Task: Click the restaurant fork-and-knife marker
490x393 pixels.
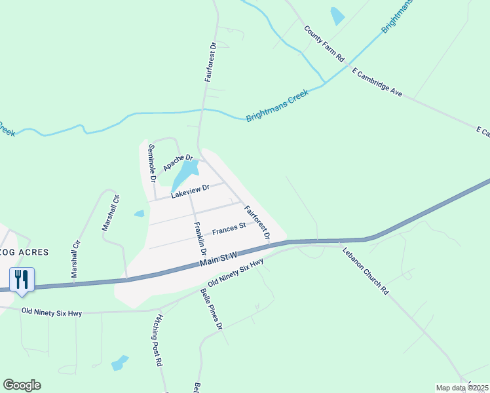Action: pyautogui.click(x=22, y=280)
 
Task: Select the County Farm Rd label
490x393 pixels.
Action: pyautogui.click(x=324, y=44)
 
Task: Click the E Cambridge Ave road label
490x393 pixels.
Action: pyautogui.click(x=377, y=82)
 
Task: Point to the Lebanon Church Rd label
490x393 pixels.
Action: pyautogui.click(x=365, y=271)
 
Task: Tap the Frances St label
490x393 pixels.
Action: pyautogui.click(x=229, y=229)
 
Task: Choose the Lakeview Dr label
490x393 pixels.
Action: pyautogui.click(x=189, y=191)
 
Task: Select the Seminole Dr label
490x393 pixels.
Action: pyautogui.click(x=152, y=162)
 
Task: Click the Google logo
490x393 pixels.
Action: pyautogui.click(x=22, y=385)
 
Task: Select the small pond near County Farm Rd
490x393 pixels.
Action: pyautogui.click(x=337, y=16)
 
